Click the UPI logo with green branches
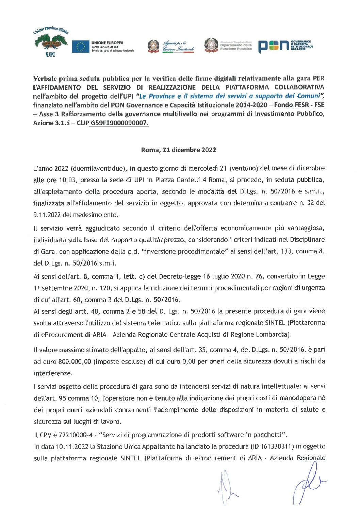pos(51,43)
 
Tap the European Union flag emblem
pos(80,47)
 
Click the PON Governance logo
pos(285,46)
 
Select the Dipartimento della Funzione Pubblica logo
pos(228,46)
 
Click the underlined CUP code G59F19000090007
pos(119,123)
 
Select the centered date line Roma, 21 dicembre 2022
pos(179,150)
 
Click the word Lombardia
pos(274,335)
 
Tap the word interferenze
pos(53,373)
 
